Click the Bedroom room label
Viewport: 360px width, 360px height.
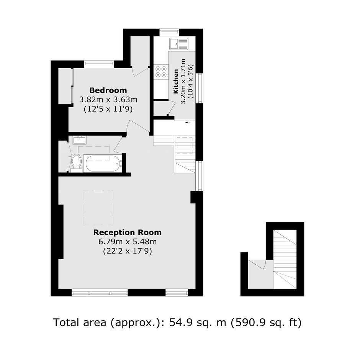click(108, 90)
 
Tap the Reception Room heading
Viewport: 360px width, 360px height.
click(128, 232)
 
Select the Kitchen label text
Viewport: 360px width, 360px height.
click(176, 81)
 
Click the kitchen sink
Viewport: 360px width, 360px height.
click(179, 44)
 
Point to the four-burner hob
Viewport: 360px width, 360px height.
click(161, 72)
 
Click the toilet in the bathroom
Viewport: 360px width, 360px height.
click(76, 163)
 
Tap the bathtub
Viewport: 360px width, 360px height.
click(103, 163)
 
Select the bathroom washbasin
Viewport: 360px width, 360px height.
click(79, 140)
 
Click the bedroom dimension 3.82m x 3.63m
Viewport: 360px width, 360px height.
click(108, 100)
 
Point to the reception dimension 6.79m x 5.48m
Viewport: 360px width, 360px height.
click(128, 242)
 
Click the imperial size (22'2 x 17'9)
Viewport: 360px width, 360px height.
click(128, 251)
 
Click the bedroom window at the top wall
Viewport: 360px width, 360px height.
click(99, 64)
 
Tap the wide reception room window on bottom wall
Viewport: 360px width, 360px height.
click(100, 293)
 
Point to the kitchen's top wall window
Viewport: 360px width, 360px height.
click(169, 33)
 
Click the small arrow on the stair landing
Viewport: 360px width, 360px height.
click(188, 123)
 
